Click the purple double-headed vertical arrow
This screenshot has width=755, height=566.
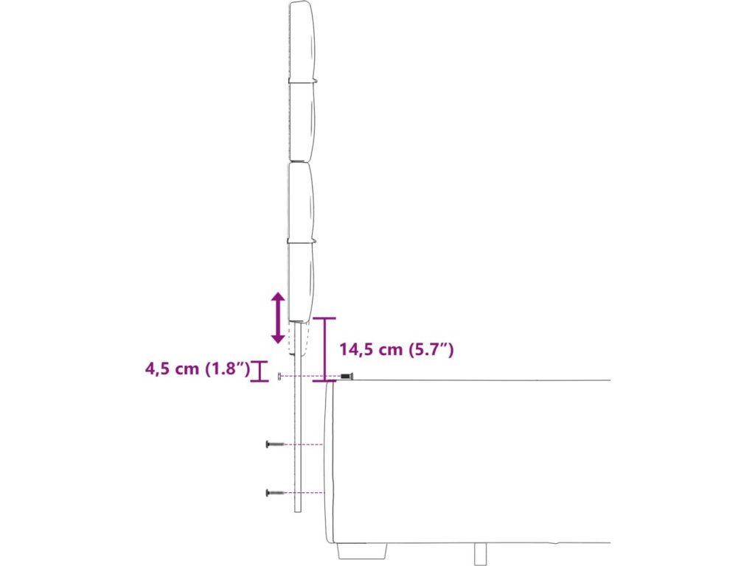[x=278, y=318]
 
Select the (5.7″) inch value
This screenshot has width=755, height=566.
[x=431, y=349]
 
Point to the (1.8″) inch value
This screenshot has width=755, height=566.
[x=227, y=369]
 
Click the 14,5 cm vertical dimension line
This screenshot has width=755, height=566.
[x=324, y=350]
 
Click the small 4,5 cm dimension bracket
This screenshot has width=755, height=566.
[x=260, y=371]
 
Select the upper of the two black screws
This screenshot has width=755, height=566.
[x=275, y=444]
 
